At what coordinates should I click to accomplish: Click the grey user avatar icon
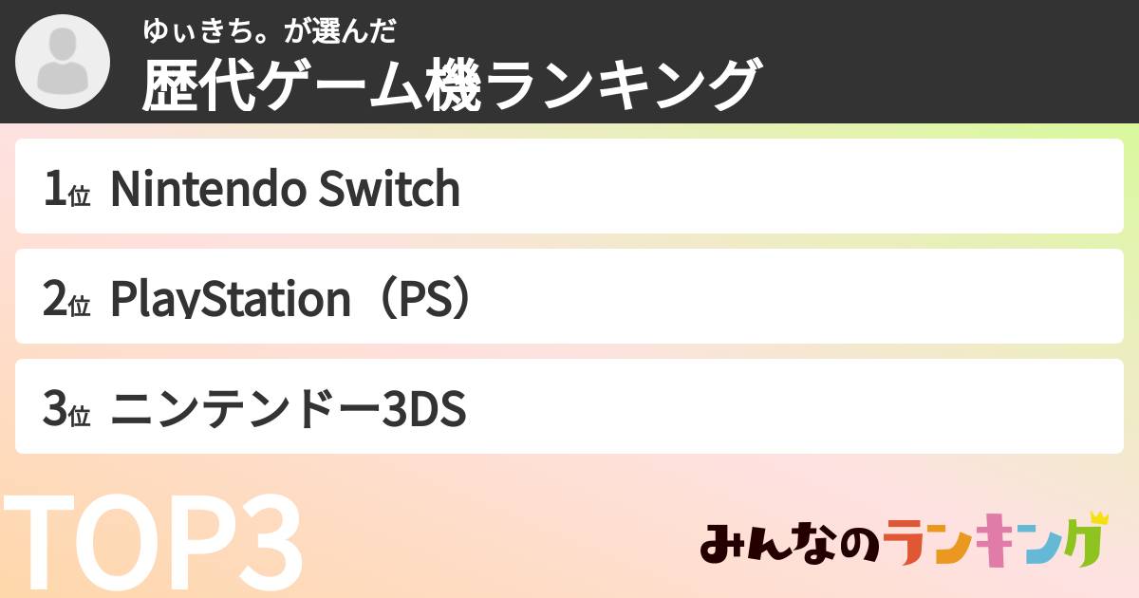[x=62, y=62]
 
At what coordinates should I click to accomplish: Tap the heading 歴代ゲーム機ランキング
[x=452, y=85]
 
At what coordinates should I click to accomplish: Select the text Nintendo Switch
[x=285, y=189]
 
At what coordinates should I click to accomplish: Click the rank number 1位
[x=65, y=190]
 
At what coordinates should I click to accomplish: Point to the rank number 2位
[x=65, y=300]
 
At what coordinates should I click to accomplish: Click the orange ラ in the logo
[x=907, y=544]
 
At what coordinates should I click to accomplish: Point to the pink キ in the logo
[x=997, y=544]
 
